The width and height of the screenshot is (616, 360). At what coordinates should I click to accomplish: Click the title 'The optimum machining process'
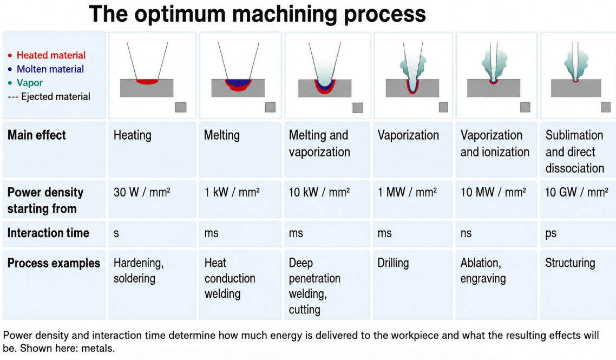(257, 14)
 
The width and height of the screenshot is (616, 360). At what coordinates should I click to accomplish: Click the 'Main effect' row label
(36, 135)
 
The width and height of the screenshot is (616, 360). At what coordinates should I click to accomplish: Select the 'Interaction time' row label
(48, 233)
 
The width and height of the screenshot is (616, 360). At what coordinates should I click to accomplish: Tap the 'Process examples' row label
(54, 263)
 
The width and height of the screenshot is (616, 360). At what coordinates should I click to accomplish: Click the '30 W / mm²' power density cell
(142, 192)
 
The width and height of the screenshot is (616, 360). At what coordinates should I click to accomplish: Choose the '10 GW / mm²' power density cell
(576, 192)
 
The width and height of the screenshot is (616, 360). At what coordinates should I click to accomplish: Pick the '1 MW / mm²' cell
(407, 192)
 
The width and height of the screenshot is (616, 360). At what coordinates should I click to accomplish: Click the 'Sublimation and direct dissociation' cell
(575, 152)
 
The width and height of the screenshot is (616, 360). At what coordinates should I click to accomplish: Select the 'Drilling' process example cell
(393, 263)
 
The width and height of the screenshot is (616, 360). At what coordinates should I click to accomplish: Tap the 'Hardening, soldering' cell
(138, 270)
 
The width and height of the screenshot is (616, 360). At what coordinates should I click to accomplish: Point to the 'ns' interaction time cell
(466, 233)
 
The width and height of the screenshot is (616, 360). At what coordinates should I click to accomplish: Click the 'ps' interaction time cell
(551, 234)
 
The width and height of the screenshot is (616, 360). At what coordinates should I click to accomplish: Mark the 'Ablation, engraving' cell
(483, 270)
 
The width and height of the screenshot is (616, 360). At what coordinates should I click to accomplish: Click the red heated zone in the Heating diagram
(147, 82)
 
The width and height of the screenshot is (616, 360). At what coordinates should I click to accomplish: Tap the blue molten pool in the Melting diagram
(238, 82)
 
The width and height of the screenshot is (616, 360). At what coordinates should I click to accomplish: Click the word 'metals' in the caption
(101, 349)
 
